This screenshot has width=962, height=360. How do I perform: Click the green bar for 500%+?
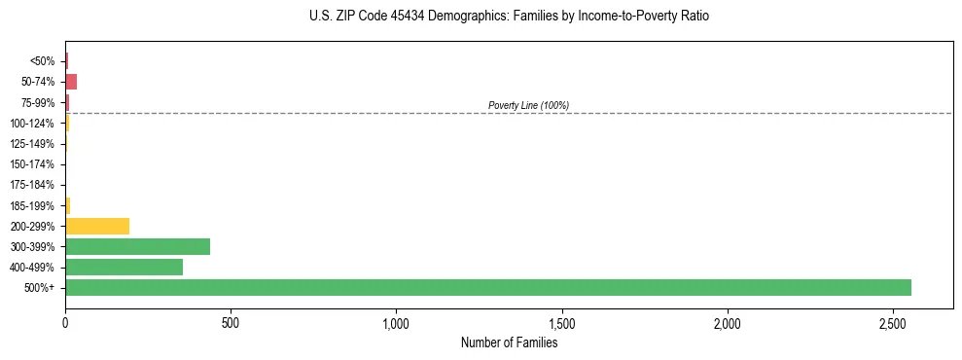pyautogui.click(x=487, y=287)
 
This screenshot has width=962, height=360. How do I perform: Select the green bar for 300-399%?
pyautogui.click(x=137, y=246)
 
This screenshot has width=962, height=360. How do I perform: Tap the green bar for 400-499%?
pyautogui.click(x=124, y=267)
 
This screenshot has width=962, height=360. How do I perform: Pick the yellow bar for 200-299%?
pyautogui.click(x=97, y=226)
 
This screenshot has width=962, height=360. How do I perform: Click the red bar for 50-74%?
pyautogui.click(x=71, y=82)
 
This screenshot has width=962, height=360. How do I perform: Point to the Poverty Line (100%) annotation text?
pyautogui.click(x=528, y=105)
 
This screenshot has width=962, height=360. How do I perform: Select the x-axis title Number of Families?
pyautogui.click(x=509, y=342)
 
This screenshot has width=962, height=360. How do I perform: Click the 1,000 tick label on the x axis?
pyautogui.click(x=396, y=322)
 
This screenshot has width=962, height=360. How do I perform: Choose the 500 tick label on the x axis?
pyautogui.click(x=231, y=322)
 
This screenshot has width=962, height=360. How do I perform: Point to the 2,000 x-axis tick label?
pyautogui.click(x=728, y=322)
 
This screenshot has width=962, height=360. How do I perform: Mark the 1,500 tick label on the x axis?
pyautogui.click(x=562, y=322)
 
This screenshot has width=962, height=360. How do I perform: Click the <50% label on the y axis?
pyautogui.click(x=43, y=61)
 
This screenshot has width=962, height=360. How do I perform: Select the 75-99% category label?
pyautogui.click(x=39, y=102)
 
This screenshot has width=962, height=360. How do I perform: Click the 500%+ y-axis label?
pyautogui.click(x=42, y=288)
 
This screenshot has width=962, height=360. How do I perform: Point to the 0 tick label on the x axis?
pyautogui.click(x=65, y=322)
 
